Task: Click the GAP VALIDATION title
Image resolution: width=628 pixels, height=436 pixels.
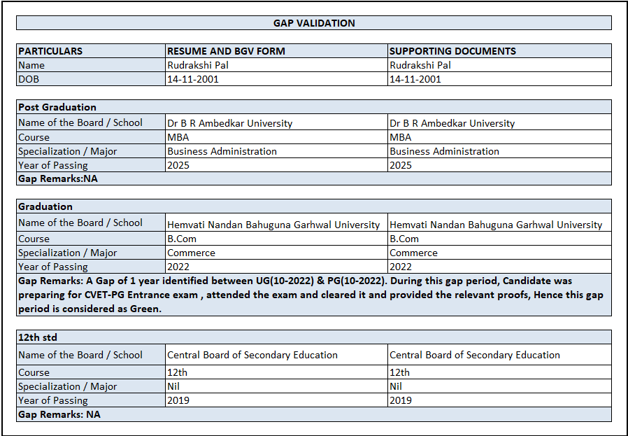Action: pos(314,23)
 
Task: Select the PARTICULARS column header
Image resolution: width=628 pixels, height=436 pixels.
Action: pos(50,51)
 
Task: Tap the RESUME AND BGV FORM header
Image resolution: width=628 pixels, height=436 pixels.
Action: pos(226,51)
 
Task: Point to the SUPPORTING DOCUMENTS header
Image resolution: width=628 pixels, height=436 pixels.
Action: pos(452,51)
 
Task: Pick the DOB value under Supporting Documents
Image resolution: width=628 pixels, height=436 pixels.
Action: pos(415,79)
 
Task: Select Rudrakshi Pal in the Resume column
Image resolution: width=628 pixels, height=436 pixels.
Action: pos(198,65)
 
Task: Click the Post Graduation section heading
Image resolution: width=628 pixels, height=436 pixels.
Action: pos(57,107)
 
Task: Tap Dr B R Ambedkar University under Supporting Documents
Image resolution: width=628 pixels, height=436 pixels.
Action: pos(452,123)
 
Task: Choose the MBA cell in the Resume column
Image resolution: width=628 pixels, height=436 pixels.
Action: pos(178,137)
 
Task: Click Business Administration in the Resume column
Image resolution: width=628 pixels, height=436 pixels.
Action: pos(222,151)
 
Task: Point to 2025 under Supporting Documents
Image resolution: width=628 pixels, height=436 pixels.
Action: pos(401,165)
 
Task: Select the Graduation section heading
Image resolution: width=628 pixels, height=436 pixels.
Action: pos(45,206)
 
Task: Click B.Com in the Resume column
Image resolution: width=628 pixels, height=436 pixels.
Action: pos(182,239)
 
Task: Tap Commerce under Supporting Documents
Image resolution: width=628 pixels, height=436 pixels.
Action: pos(413,253)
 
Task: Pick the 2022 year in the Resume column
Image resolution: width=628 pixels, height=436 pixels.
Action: pos(178,267)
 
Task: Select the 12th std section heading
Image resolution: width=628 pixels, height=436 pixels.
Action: pos(39,337)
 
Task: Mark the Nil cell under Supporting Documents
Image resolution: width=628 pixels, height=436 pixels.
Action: pos(396,386)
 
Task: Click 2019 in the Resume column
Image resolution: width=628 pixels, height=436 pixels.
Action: pos(178,400)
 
